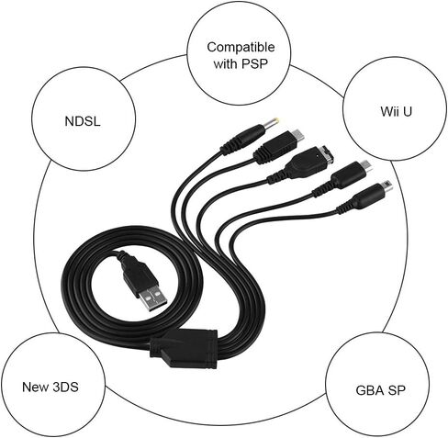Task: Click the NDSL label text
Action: point(83,121)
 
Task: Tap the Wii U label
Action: point(396,111)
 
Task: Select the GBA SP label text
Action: point(380,390)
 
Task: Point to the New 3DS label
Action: point(50,387)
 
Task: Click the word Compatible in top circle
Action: point(241,47)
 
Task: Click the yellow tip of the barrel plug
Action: point(273,122)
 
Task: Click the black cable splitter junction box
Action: point(184,349)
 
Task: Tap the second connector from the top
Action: point(278,146)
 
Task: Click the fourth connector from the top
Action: point(342,177)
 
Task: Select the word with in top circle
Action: point(225,63)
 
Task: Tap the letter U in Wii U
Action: point(407,111)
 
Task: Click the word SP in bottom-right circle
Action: point(397,390)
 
